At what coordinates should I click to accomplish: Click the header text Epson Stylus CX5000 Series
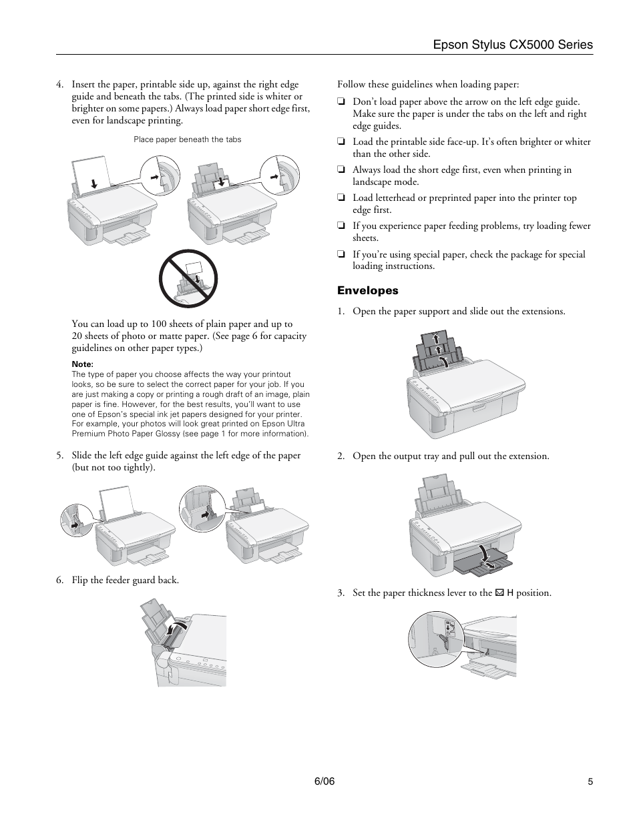(x=512, y=45)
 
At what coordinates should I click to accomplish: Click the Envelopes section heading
(x=367, y=290)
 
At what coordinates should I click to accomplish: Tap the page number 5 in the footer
(x=590, y=782)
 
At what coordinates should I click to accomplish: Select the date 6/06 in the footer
(x=324, y=781)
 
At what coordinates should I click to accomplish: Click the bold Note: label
(x=82, y=364)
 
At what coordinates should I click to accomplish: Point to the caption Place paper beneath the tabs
(x=187, y=139)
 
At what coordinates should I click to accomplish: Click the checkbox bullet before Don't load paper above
(x=341, y=102)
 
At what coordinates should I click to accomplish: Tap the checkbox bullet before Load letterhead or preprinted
(x=341, y=198)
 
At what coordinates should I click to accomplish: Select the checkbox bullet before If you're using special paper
(x=341, y=254)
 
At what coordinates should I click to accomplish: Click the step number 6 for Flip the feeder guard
(x=59, y=580)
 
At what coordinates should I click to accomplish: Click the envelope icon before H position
(x=499, y=592)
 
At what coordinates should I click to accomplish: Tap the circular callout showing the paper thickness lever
(x=435, y=639)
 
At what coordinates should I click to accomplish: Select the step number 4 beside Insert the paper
(x=59, y=85)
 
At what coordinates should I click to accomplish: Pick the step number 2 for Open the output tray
(x=341, y=456)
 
